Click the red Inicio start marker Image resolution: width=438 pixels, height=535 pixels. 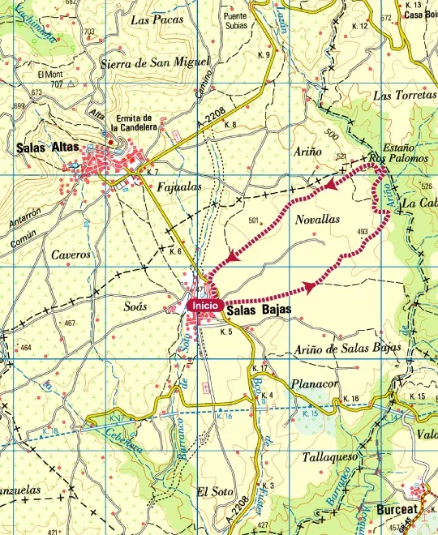pyautogui.click(x=204, y=306)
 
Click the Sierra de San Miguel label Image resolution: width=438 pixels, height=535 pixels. pyautogui.click(x=153, y=62)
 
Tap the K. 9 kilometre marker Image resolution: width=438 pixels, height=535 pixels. pyautogui.click(x=263, y=55)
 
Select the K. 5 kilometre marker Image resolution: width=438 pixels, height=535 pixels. pyautogui.click(x=227, y=332)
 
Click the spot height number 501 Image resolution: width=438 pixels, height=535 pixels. pyautogui.click(x=253, y=220)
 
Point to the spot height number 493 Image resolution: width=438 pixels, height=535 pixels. pyautogui.click(x=362, y=232)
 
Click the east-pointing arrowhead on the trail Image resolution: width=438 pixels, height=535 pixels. pyautogui.click(x=310, y=286)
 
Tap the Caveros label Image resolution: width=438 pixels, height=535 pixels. pyautogui.click(x=47, y=254)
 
